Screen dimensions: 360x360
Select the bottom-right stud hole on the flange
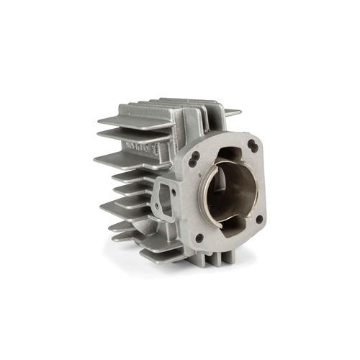(258, 219)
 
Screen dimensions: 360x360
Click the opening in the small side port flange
(168, 198)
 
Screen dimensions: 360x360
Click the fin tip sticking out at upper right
(232, 112)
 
